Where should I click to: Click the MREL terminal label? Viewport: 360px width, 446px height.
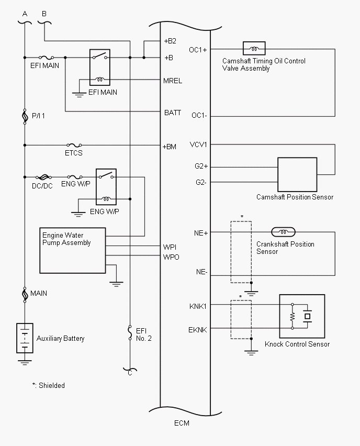coord(172,81)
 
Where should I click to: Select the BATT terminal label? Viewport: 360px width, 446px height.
coord(172,112)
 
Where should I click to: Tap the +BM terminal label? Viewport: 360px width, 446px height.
coord(170,147)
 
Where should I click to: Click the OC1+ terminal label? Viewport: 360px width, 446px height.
coord(198,50)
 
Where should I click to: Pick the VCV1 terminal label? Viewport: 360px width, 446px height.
coord(199,144)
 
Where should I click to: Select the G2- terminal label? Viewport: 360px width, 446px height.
coord(201,182)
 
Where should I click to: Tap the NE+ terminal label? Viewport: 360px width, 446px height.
coord(201,233)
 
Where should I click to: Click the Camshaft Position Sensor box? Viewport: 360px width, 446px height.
coord(297,175)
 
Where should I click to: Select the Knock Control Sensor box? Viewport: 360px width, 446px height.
coord(302,316)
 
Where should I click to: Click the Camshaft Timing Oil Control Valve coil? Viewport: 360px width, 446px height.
coord(254,49)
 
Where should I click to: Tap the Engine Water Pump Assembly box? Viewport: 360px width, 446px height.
coord(73,250)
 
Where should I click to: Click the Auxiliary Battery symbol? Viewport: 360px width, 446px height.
coord(25,337)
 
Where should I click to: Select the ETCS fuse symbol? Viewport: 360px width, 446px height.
coord(74,145)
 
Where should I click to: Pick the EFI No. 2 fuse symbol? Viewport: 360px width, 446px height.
coord(130,333)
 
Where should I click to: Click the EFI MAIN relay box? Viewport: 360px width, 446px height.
coord(101,68)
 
